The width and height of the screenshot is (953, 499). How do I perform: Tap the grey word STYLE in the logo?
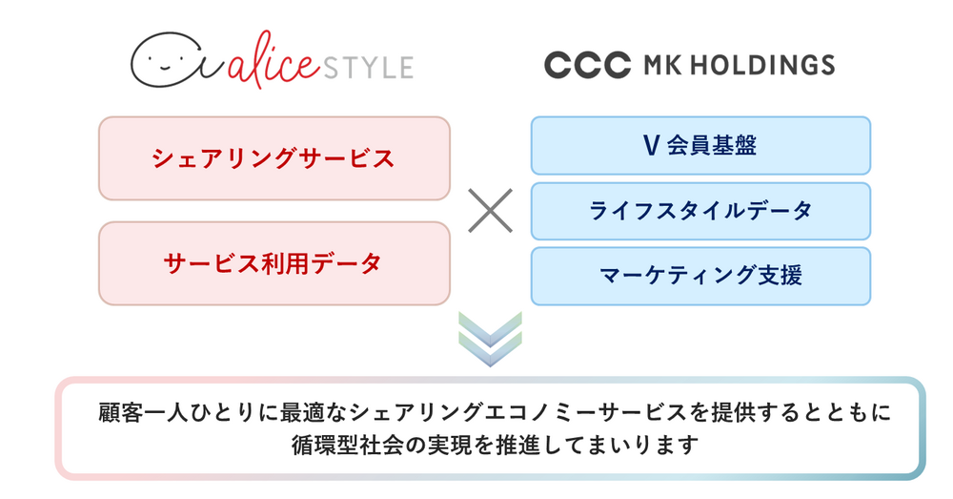point(368,67)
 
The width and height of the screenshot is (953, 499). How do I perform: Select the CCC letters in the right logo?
point(587,65)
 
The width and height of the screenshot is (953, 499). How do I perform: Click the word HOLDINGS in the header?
point(762,65)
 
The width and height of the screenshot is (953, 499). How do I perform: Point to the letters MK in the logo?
point(661,65)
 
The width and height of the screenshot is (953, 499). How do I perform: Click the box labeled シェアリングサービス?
point(274,158)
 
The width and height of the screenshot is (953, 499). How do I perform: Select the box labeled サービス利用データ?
point(274,263)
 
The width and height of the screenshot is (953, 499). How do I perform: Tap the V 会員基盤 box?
point(700,145)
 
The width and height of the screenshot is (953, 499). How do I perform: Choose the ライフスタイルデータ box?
point(700,211)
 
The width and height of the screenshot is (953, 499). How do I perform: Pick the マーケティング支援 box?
point(700,276)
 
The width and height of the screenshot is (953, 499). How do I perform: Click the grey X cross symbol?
point(490,211)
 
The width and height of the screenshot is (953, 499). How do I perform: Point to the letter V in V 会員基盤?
point(651,145)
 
